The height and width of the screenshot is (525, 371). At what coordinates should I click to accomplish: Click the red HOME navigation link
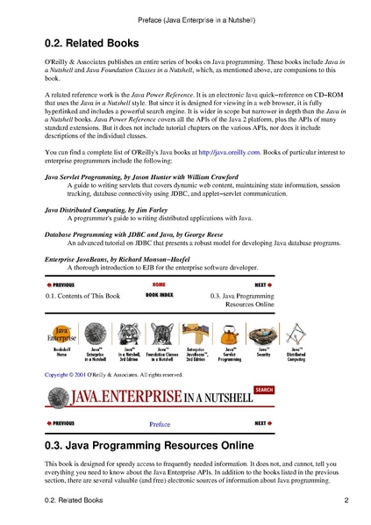[x=158, y=284]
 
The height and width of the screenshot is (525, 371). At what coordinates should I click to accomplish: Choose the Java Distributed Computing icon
[x=296, y=334]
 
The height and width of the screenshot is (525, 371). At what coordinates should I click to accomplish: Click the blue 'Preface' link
[x=159, y=423]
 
